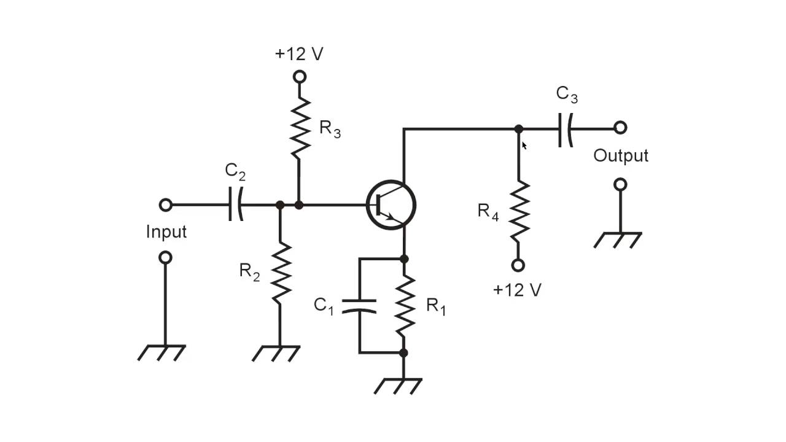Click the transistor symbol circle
[391, 205]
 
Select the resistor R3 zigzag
[299, 130]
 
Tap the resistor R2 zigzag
[280, 273]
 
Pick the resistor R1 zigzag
[403, 306]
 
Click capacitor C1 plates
[359, 306]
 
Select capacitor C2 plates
[236, 205]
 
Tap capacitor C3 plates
[566, 128]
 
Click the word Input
[166, 232]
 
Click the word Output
[620, 156]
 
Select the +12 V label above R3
[299, 54]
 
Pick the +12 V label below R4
[517, 290]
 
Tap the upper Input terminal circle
[165, 205]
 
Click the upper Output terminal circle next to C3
[620, 128]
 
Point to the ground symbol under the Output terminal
[618, 239]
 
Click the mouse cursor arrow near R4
[524, 145]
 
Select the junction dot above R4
[519, 129]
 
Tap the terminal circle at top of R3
[299, 77]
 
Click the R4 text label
[488, 212]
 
